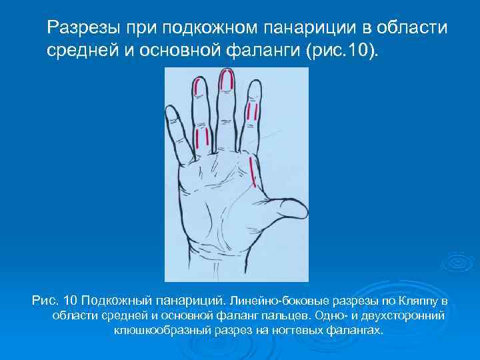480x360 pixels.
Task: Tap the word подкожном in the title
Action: click(x=208, y=29)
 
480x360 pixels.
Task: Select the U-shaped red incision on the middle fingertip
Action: click(x=227, y=82)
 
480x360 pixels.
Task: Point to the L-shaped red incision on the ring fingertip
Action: click(x=199, y=87)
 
